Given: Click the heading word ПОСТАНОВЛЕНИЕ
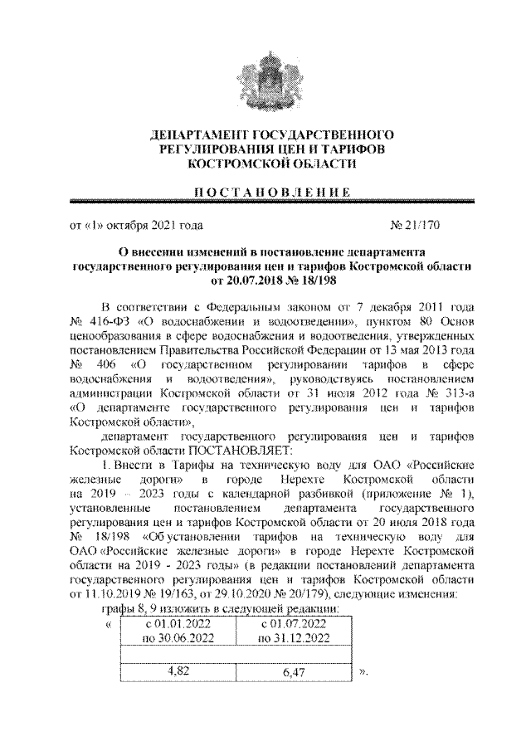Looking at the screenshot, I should (x=265, y=193).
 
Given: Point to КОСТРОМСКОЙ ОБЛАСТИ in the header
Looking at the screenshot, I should (x=265, y=164).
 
